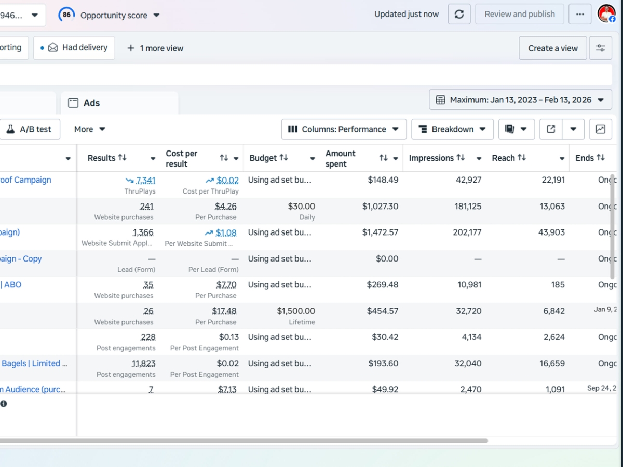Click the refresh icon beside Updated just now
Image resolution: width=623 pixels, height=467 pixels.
(459, 15)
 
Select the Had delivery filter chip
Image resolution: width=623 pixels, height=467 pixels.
(74, 48)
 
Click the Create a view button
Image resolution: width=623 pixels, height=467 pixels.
(552, 48)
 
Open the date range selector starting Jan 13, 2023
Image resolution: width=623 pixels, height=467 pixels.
(520, 100)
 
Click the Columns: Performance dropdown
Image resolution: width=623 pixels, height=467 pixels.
(344, 129)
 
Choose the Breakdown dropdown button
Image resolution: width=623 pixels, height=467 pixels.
(452, 129)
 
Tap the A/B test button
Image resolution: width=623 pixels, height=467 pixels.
(30, 129)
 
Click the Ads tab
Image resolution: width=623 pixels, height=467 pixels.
(91, 103)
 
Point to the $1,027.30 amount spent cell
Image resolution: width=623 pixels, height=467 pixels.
(380, 207)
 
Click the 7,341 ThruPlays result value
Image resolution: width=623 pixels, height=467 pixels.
(145, 181)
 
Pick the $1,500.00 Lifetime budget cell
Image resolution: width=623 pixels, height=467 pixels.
(295, 311)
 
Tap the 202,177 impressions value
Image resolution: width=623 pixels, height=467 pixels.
(467, 232)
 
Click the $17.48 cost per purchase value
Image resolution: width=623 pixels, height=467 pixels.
(224, 311)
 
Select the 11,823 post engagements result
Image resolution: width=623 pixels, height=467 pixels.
(143, 364)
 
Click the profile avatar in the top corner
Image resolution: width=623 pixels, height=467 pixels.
(606, 14)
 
